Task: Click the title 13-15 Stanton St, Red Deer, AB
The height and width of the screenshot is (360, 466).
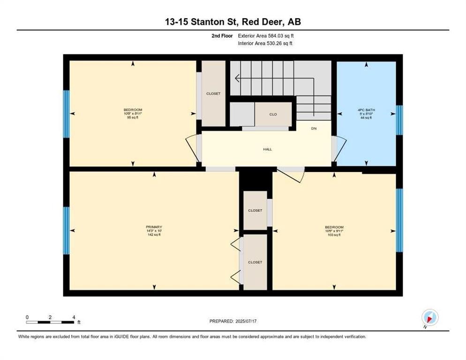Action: pyautogui.click(x=233, y=22)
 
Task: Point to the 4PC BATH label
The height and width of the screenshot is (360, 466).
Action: pyautogui.click(x=366, y=111)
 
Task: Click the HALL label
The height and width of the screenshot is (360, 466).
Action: pyautogui.click(x=267, y=150)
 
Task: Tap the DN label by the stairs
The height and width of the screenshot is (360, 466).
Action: pyautogui.click(x=314, y=128)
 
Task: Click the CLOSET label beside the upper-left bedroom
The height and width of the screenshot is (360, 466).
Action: pyautogui.click(x=213, y=94)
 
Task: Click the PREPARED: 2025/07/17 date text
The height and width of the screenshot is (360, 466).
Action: pyautogui.click(x=233, y=321)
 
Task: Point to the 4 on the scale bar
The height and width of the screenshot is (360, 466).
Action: pyautogui.click(x=74, y=317)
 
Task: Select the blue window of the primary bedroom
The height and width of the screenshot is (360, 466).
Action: pyautogui.click(x=66, y=230)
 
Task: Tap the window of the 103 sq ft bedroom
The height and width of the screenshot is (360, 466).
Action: pyautogui.click(x=399, y=220)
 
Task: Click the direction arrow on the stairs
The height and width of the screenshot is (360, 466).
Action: pyautogui.click(x=238, y=78)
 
